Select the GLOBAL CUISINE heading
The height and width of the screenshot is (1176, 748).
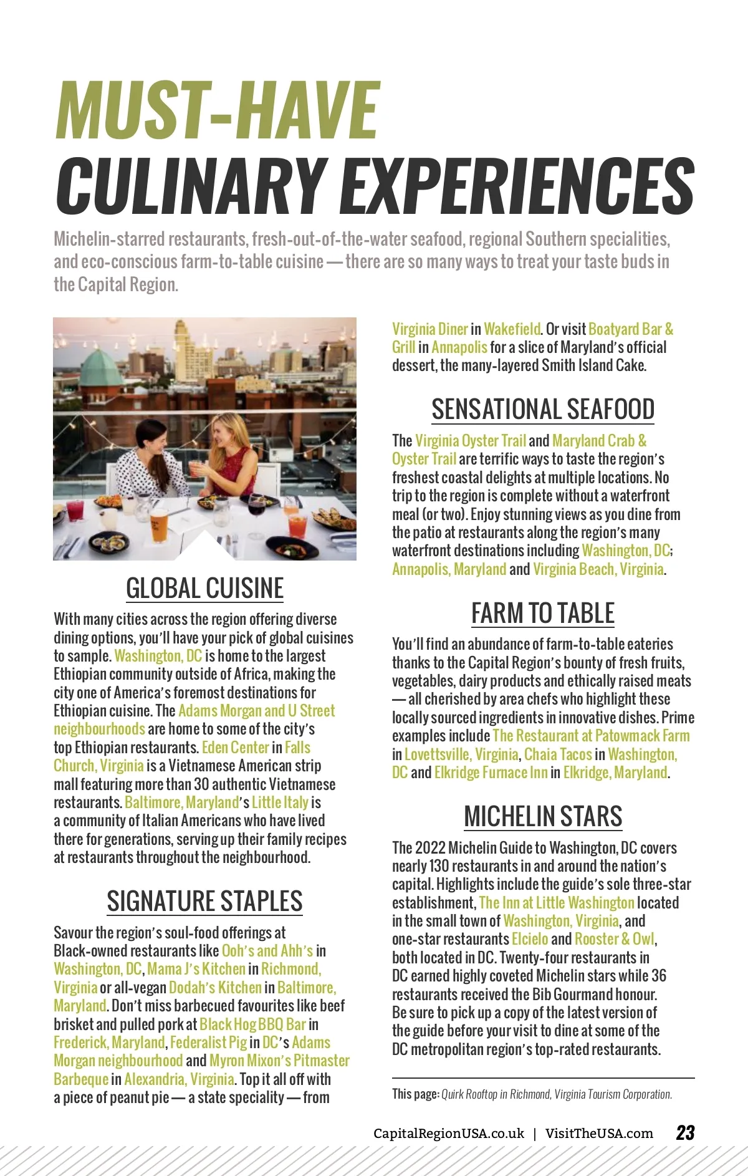point(204,588)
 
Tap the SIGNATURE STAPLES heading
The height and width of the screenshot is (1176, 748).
point(204,901)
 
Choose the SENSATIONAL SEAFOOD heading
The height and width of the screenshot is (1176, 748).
point(543,410)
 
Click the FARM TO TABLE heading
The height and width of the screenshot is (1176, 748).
point(543,614)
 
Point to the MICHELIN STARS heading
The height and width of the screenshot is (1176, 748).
point(543,817)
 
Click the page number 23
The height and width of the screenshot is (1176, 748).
point(685,1133)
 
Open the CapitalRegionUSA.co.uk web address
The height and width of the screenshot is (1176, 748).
point(449,1134)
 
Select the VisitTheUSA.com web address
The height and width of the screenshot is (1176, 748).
point(599,1134)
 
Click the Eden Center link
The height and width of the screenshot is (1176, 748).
point(235,748)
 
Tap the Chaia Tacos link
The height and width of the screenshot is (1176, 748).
point(558,754)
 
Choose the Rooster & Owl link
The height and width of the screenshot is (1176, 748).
point(615,939)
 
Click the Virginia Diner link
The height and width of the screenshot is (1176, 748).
point(430,329)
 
